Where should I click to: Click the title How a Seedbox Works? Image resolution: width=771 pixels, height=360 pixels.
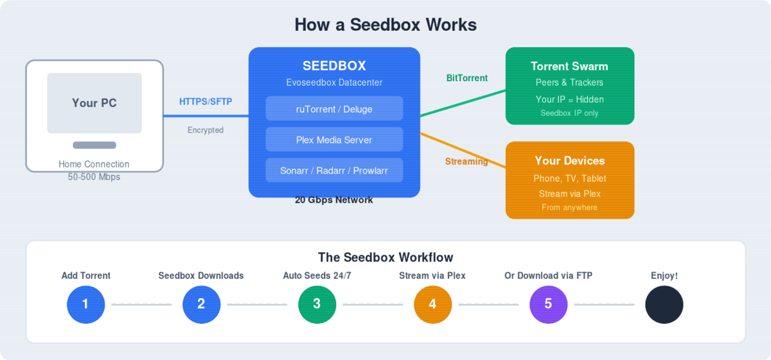pyautogui.click(x=385, y=25)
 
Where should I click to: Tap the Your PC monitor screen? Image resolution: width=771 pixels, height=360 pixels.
pyautogui.click(x=94, y=103)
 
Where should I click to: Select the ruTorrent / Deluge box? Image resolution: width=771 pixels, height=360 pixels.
pyautogui.click(x=334, y=109)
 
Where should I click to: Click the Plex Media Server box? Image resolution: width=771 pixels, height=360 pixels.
pyautogui.click(x=334, y=139)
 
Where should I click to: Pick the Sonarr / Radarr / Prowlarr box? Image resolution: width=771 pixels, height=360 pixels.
pyautogui.click(x=334, y=170)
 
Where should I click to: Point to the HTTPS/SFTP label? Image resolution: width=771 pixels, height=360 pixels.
pyautogui.click(x=206, y=102)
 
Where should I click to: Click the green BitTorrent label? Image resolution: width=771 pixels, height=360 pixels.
pyautogui.click(x=467, y=78)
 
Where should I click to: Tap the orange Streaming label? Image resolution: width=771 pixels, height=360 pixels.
pyautogui.click(x=466, y=161)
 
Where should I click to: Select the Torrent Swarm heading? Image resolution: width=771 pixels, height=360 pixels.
pyautogui.click(x=569, y=66)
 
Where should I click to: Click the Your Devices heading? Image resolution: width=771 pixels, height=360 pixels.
pyautogui.click(x=569, y=161)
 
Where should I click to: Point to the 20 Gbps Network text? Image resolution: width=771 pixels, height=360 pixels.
pyautogui.click(x=334, y=200)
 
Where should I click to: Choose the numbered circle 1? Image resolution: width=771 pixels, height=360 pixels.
pyautogui.click(x=85, y=304)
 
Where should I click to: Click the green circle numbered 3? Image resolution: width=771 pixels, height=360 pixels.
pyautogui.click(x=317, y=304)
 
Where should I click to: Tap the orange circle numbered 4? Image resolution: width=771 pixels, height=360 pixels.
pyautogui.click(x=432, y=304)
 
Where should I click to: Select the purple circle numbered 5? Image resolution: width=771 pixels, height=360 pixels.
pyautogui.click(x=548, y=304)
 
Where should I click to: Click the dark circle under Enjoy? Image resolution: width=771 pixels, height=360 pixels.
pyautogui.click(x=664, y=304)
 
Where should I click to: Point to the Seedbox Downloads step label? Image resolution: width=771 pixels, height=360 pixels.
pyautogui.click(x=201, y=276)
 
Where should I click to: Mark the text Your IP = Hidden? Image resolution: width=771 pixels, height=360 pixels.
pyautogui.click(x=569, y=100)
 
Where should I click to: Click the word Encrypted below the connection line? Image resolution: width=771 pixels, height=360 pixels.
pyautogui.click(x=206, y=130)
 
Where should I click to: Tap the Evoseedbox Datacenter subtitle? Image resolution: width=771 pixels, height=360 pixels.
pyautogui.click(x=334, y=82)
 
